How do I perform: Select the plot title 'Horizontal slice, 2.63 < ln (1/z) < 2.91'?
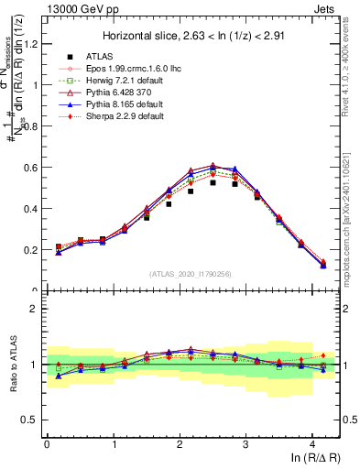(192, 35)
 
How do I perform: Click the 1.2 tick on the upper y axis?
(34, 44)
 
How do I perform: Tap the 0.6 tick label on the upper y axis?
(34, 168)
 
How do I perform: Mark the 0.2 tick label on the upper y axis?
(34, 250)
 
